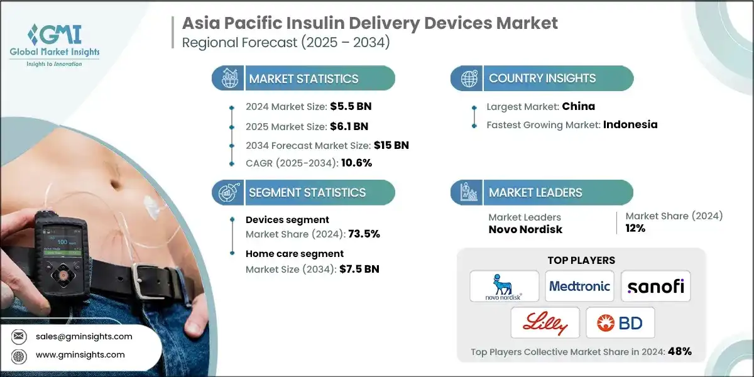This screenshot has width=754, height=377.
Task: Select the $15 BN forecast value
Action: click(391, 145)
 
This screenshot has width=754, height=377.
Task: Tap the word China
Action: click(578, 106)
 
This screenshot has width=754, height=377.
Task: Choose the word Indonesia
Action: click(630, 124)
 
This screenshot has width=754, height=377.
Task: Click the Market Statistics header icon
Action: click(227, 79)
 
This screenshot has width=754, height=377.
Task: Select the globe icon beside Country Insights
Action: click(468, 79)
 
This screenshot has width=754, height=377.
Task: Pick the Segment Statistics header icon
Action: click(227, 192)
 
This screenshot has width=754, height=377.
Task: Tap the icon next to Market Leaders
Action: click(468, 192)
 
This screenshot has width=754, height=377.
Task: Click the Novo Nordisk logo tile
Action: click(505, 287)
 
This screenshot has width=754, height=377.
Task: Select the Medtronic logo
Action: click(579, 287)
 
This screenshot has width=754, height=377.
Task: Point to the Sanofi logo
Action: click(655, 287)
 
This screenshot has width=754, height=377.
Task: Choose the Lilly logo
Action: click(545, 323)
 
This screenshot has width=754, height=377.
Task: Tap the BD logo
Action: click(620, 323)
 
